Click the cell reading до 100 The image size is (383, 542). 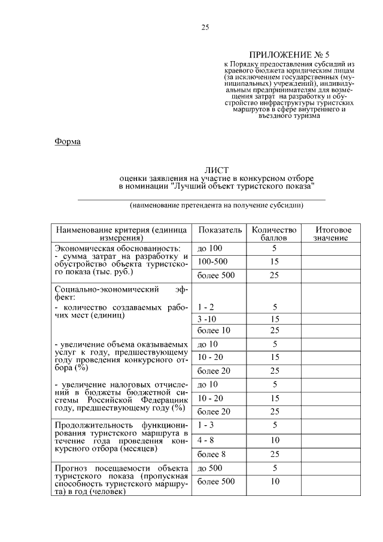pos(209,248)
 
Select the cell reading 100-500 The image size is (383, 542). pos(212,262)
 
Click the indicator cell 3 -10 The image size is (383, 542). pos(206,319)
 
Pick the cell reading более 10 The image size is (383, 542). pos(213,331)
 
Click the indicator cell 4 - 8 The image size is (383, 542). pos(206,440)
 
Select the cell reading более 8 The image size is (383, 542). pos(211,454)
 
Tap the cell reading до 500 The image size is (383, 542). pos(209,468)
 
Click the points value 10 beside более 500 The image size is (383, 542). pos(275,482)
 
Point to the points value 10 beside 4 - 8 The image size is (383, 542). pos(275,440)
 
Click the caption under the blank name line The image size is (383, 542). pos(217,205)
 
